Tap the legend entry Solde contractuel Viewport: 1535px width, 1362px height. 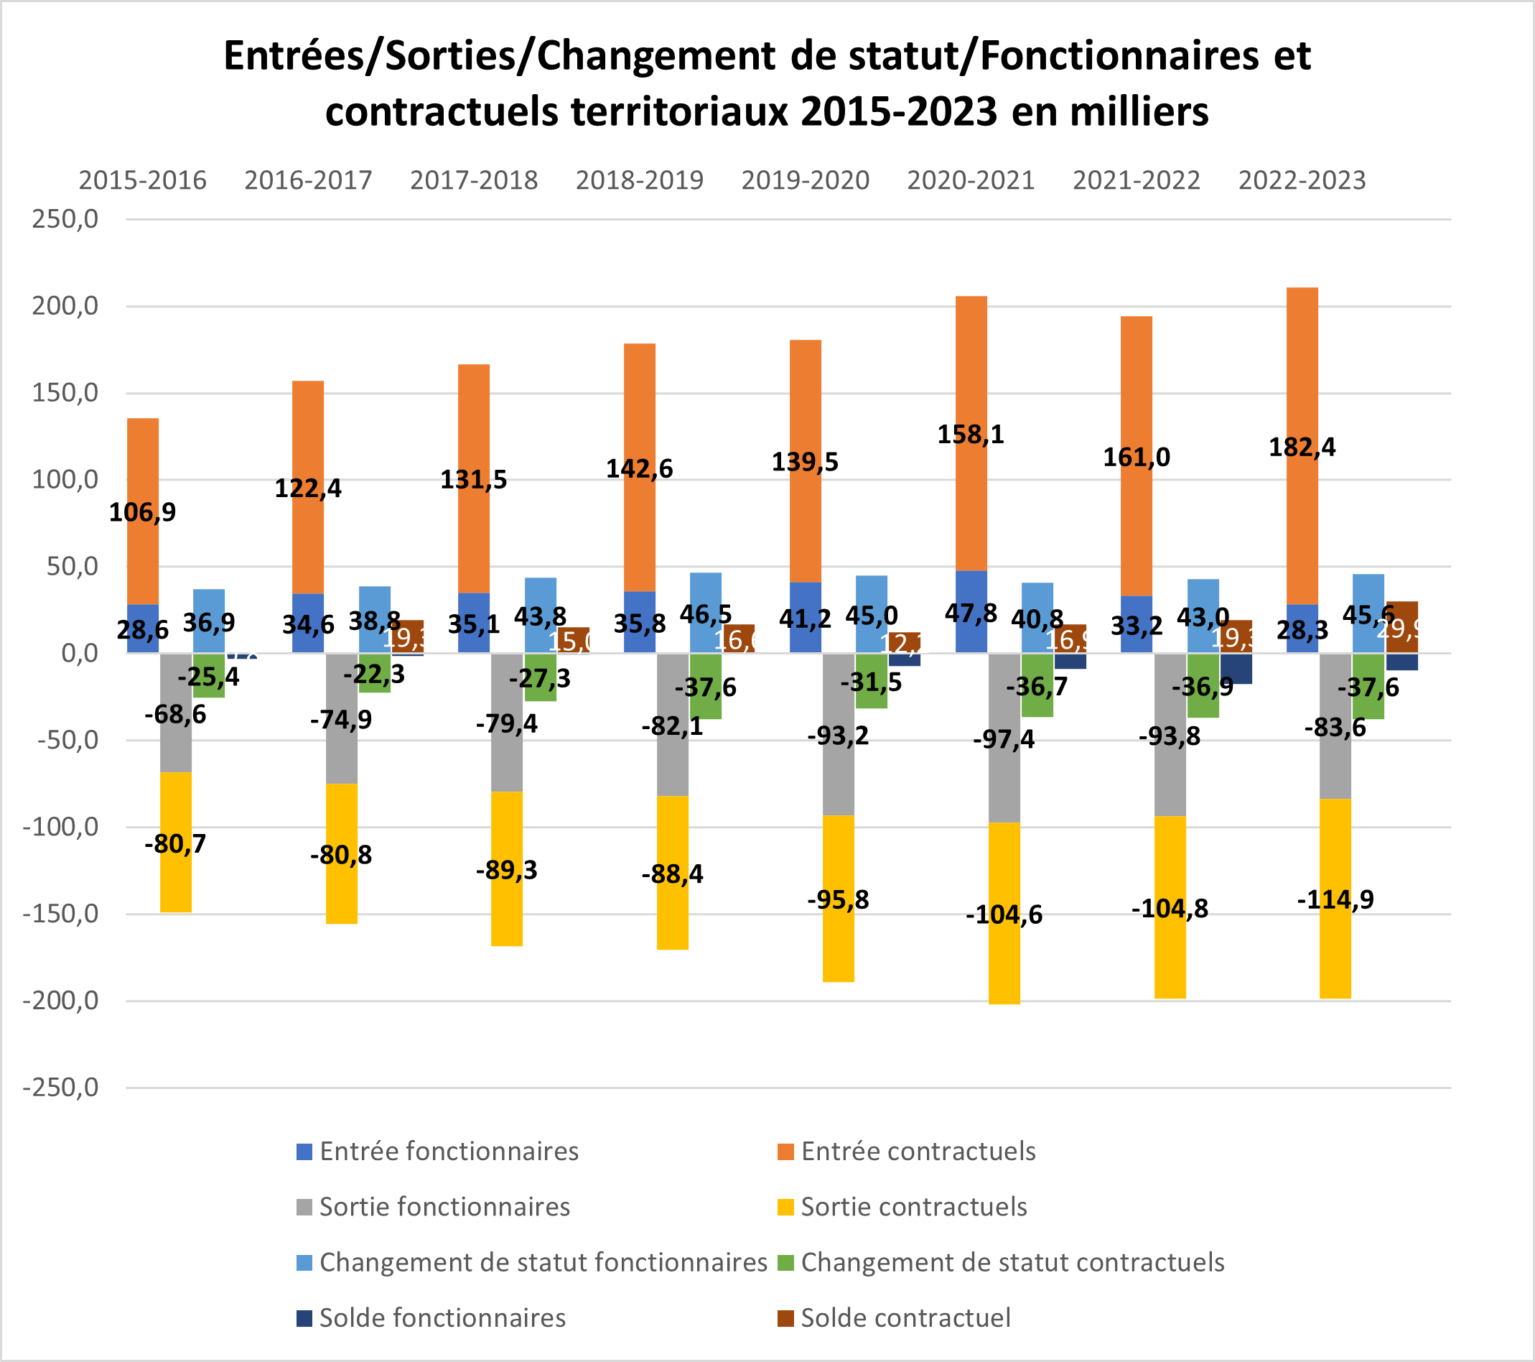point(905,1317)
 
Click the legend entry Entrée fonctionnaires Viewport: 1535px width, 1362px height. point(448,1151)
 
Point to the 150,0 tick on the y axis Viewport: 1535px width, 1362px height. point(65,393)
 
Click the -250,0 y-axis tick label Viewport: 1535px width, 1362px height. point(61,1087)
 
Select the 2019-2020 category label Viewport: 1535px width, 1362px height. point(805,180)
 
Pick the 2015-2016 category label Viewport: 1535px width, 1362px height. point(143,180)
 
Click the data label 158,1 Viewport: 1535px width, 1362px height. point(970,434)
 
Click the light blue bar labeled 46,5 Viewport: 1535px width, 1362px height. point(705,593)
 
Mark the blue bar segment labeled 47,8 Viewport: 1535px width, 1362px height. point(970,612)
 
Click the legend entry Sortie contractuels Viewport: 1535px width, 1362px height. point(913,1207)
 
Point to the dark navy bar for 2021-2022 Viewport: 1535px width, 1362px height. point(1236,669)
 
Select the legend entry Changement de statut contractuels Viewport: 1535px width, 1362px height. point(1012,1262)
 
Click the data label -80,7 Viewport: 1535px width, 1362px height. point(175,843)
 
